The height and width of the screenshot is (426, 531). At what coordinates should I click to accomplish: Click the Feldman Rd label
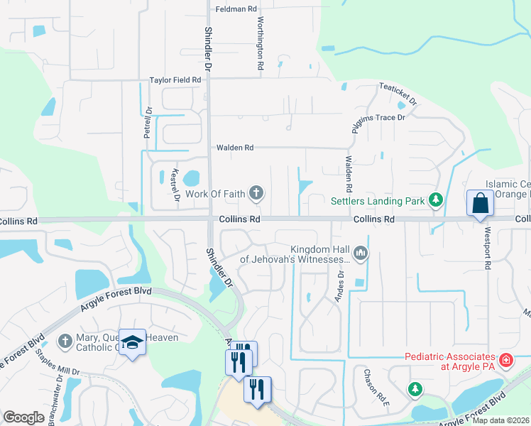click(x=236, y=9)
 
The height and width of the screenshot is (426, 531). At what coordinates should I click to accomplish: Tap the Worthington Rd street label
click(x=261, y=43)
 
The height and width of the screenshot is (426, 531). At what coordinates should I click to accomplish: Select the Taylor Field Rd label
click(x=175, y=81)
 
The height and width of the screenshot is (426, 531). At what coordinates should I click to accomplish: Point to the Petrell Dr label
click(x=148, y=121)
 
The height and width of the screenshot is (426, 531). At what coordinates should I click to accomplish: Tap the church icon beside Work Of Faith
click(x=256, y=193)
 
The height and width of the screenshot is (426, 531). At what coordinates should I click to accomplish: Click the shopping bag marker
click(x=481, y=202)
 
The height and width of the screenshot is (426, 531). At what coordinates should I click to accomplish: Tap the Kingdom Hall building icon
click(x=361, y=253)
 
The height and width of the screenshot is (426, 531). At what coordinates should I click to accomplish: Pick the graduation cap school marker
click(x=132, y=343)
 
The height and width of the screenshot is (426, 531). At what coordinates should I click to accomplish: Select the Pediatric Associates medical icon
click(x=505, y=360)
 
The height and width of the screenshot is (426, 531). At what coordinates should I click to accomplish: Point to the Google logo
click(x=23, y=417)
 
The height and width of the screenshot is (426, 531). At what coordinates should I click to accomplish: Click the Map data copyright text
click(x=500, y=420)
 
